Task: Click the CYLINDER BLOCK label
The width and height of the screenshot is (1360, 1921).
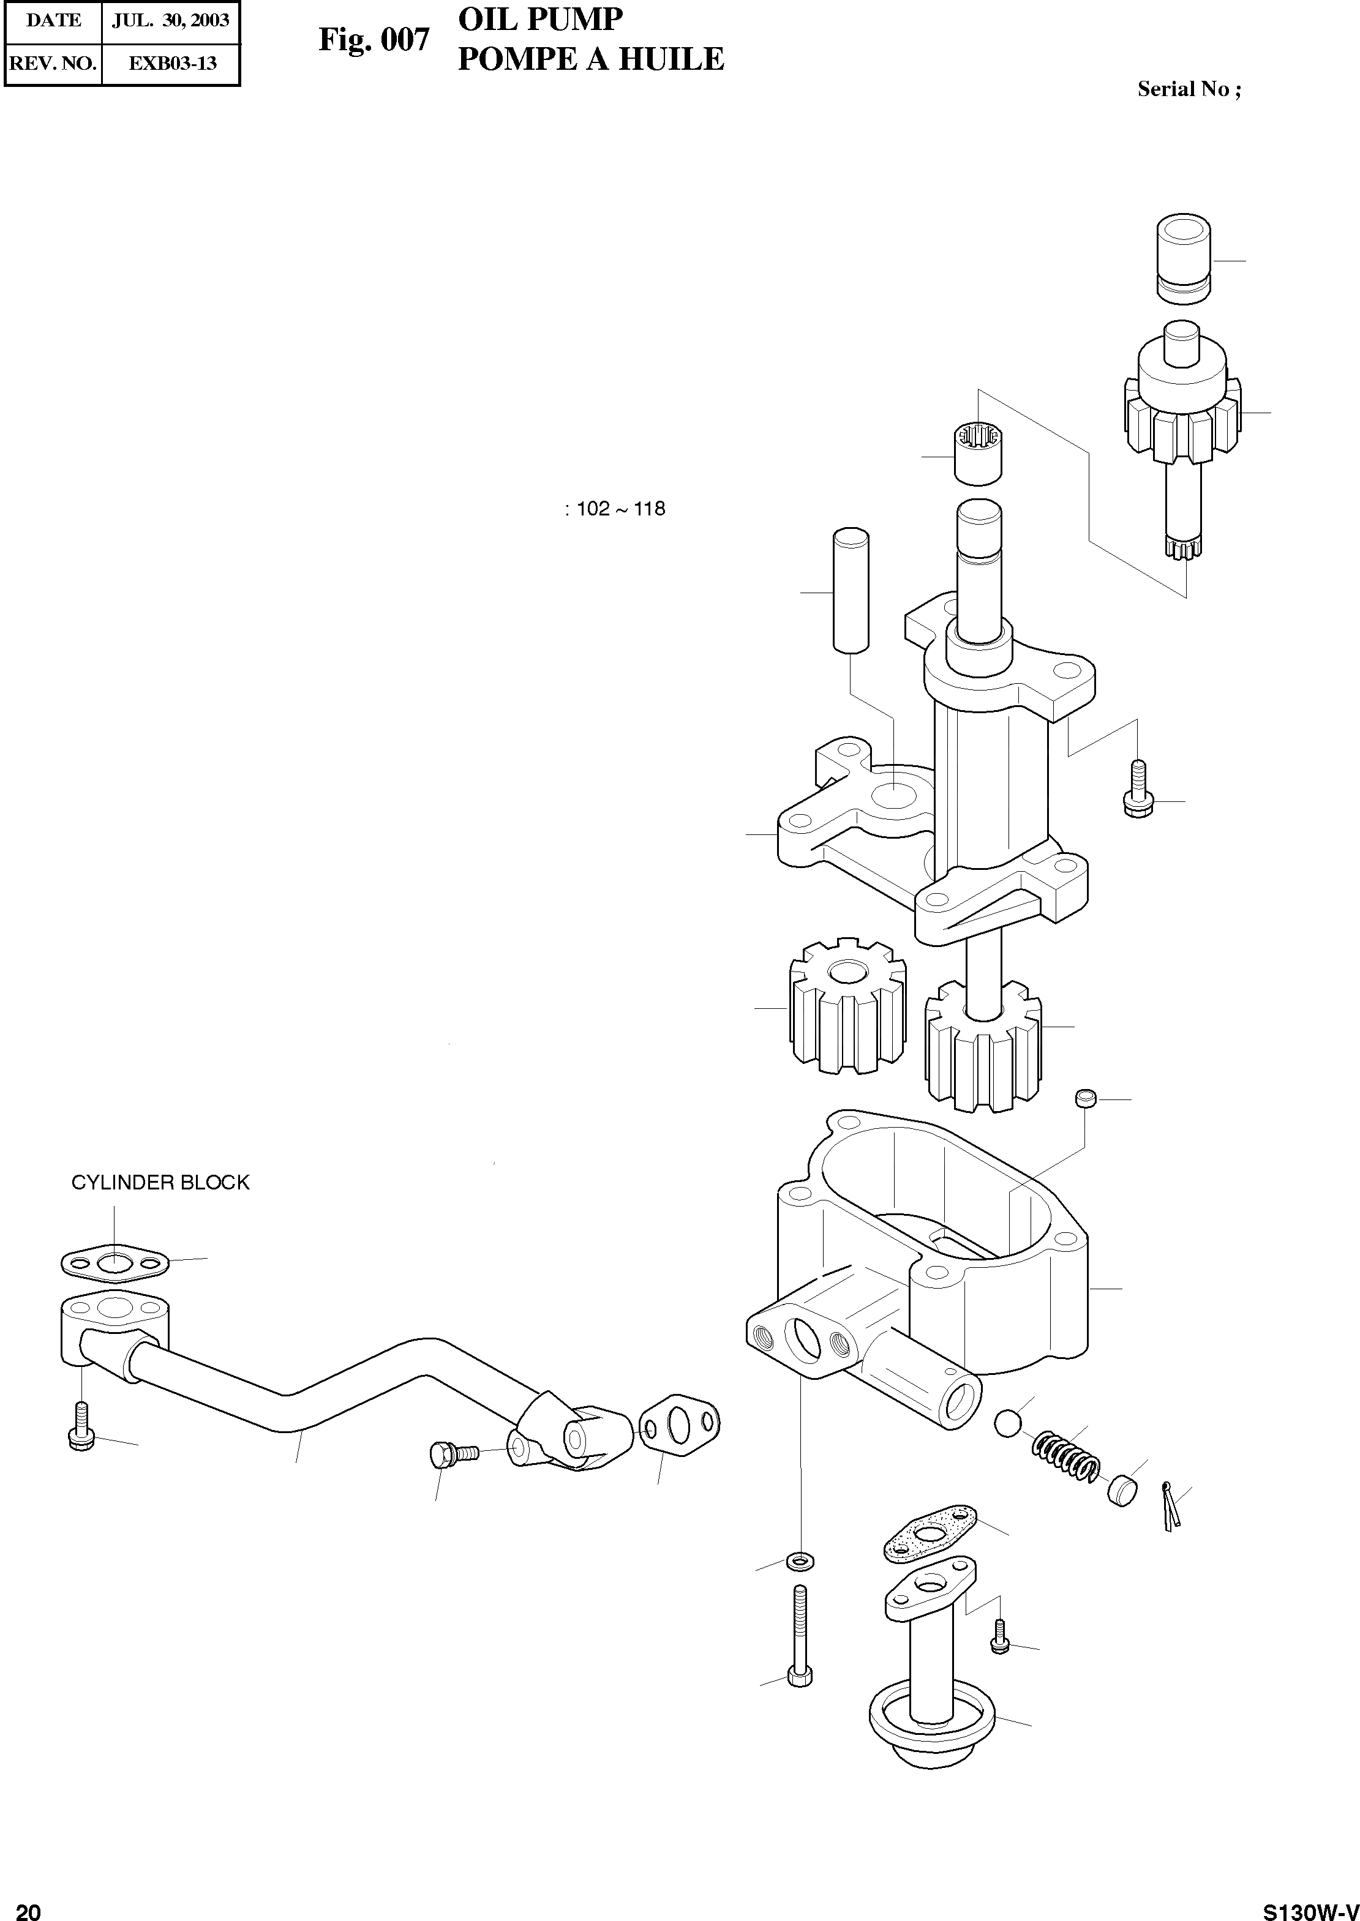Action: (x=160, y=1182)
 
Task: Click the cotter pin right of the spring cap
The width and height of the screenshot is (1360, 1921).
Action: (x=1171, y=1504)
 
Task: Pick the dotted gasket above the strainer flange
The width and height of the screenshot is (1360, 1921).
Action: (x=930, y=1533)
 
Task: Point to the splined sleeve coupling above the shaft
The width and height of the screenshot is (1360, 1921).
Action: (x=978, y=454)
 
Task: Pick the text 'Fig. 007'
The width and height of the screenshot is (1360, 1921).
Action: (x=374, y=39)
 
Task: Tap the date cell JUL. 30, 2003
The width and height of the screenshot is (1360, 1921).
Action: (x=171, y=21)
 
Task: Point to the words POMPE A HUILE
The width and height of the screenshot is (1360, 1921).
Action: (x=590, y=59)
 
